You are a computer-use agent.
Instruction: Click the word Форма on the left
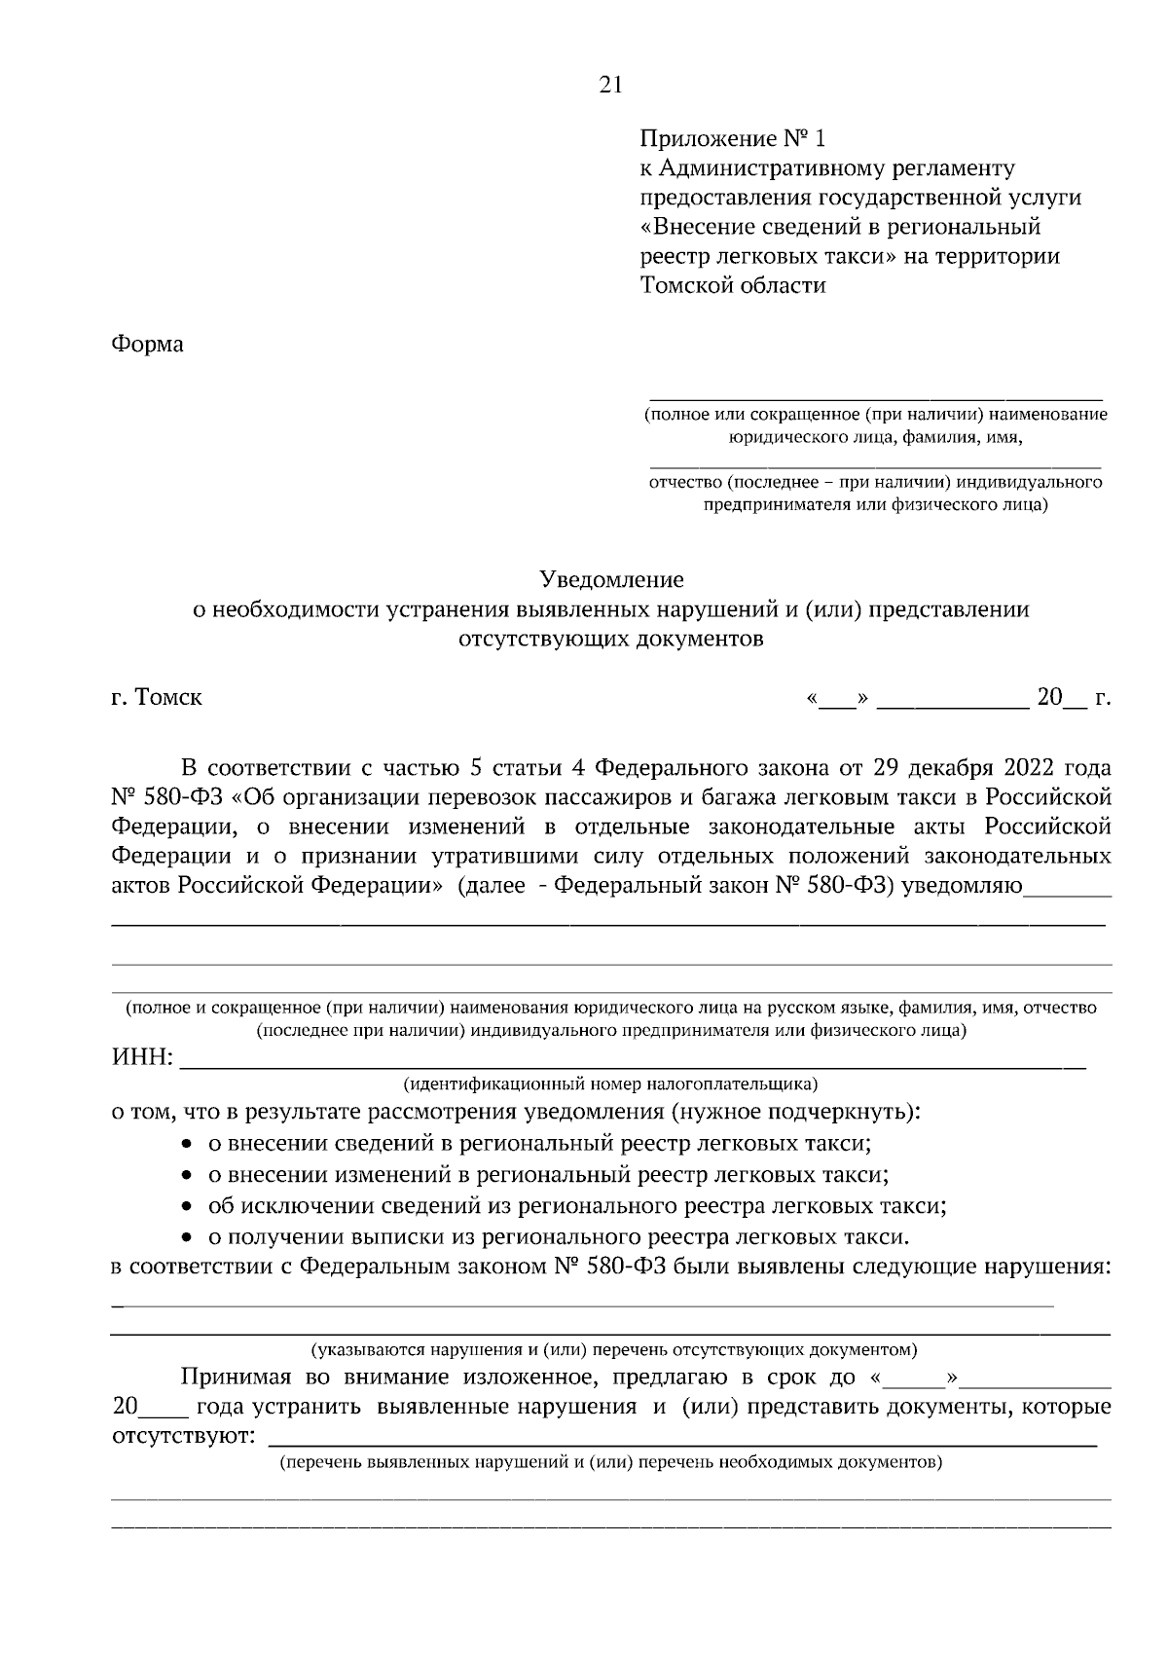(147, 345)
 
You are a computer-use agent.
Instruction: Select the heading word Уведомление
(611, 580)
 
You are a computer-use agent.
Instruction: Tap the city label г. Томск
(157, 698)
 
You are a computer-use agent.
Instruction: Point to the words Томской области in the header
(732, 286)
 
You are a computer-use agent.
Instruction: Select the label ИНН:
(142, 1059)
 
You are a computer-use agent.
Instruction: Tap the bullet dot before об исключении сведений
(188, 1208)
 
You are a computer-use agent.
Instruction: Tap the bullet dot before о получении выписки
(188, 1239)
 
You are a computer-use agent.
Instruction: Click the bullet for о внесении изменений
(188, 1176)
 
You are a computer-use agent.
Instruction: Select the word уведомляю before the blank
(963, 887)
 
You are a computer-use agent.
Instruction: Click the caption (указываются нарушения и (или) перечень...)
(613, 1351)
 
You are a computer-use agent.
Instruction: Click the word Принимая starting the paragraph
(232, 1378)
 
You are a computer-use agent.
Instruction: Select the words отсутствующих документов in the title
(611, 640)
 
